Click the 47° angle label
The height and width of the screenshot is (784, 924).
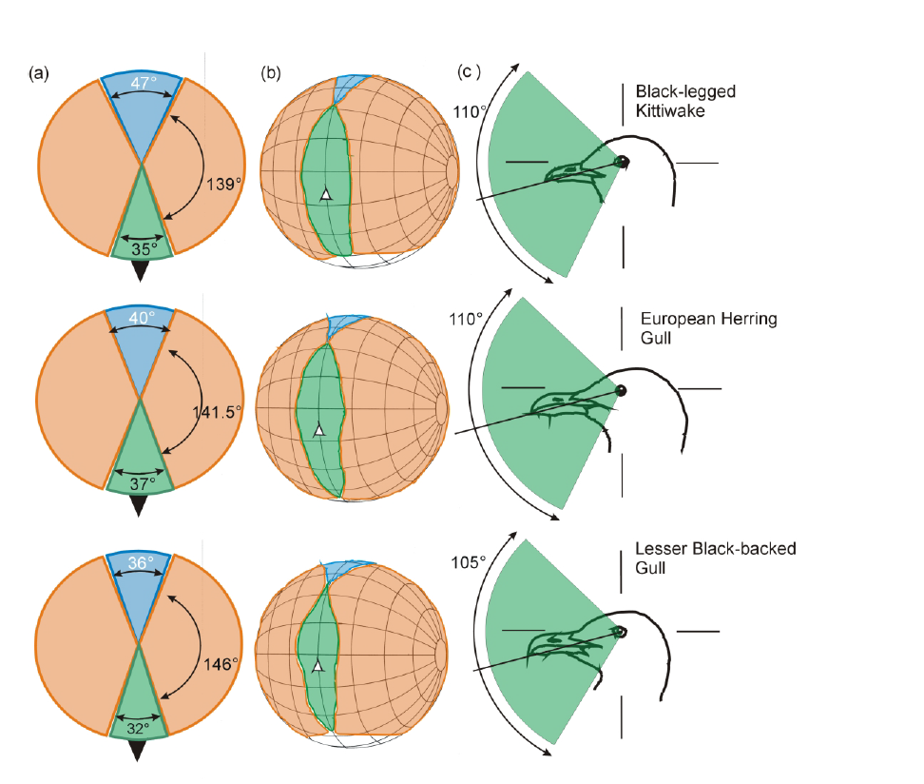[141, 83]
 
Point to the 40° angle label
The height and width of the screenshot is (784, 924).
[141, 319]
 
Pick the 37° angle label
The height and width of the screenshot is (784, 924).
[141, 483]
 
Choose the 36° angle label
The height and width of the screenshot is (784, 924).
[141, 563]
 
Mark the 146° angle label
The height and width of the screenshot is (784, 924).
[220, 664]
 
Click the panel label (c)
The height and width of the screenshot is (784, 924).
[471, 72]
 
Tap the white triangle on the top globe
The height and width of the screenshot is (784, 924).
[325, 194]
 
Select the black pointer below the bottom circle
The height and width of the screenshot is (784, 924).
[140, 750]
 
